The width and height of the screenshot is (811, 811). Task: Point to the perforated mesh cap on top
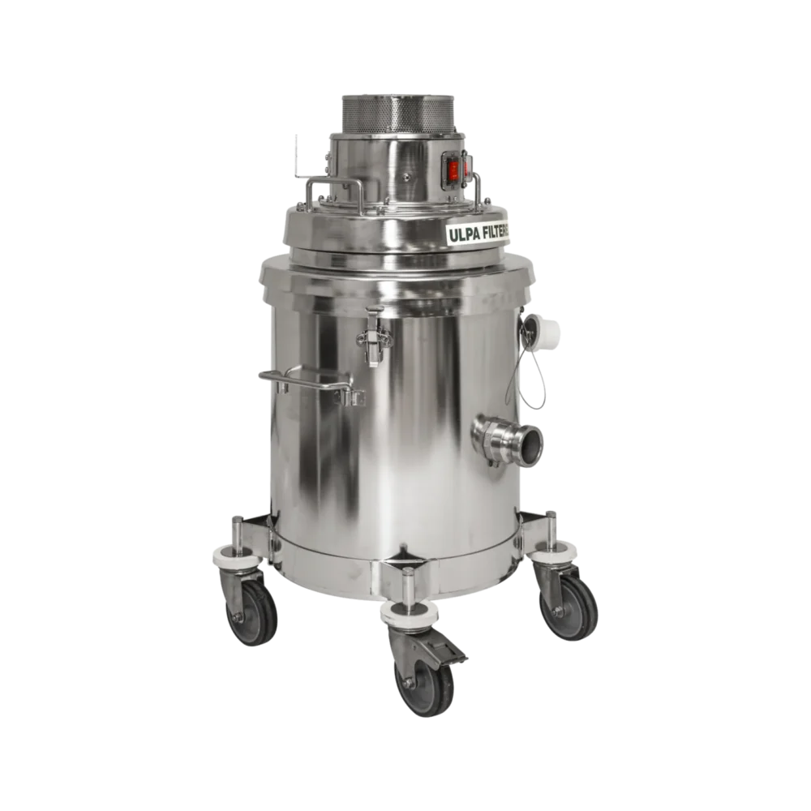397,113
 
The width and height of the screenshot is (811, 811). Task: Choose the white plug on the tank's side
550,332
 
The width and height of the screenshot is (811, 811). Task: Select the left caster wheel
254,612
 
